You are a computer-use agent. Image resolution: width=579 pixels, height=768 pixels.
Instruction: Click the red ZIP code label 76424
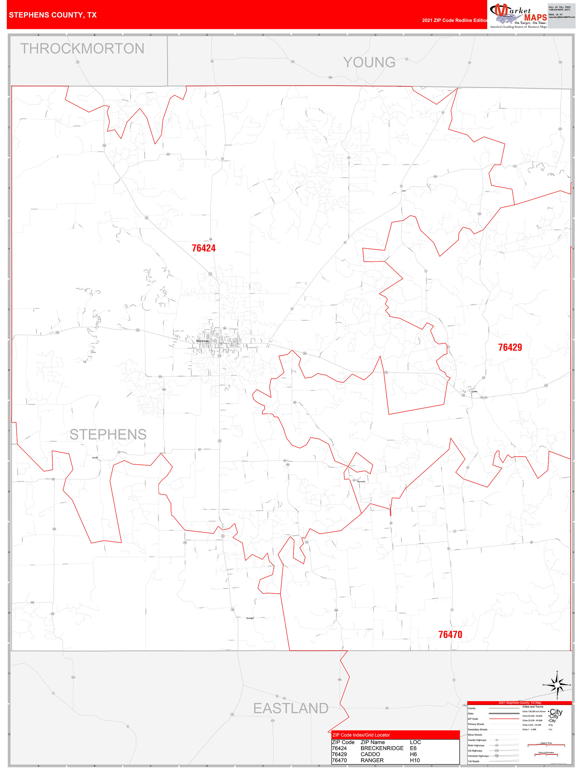204,248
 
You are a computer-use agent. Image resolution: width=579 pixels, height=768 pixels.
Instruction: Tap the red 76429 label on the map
510,348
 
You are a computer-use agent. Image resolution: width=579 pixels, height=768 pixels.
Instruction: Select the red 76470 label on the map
450,635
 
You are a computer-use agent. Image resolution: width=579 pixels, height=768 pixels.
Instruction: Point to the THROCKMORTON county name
82,49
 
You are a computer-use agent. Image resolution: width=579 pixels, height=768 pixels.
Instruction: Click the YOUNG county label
369,63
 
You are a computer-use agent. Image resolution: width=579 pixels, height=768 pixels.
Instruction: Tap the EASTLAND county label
291,708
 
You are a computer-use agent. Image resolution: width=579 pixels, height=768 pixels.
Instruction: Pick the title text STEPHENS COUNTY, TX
53,15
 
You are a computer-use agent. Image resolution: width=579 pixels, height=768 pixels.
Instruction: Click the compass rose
557,685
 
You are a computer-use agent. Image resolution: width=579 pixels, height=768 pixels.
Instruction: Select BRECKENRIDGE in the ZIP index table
382,748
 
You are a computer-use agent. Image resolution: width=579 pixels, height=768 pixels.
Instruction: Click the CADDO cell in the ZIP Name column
370,754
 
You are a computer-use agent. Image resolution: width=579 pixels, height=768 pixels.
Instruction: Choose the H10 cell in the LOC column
415,760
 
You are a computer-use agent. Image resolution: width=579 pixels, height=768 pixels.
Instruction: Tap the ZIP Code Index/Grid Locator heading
361,735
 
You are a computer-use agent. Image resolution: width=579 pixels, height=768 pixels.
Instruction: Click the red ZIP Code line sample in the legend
504,719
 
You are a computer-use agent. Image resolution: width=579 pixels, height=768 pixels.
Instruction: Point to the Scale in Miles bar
546,745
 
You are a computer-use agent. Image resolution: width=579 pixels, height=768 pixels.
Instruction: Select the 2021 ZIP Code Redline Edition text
454,20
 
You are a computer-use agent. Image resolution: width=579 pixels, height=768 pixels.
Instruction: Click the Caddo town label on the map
474,391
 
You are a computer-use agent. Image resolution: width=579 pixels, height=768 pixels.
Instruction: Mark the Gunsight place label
250,618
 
